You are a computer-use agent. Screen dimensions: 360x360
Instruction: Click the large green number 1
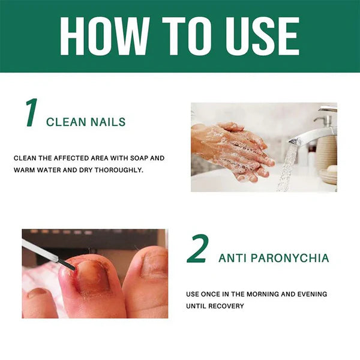[x=31, y=114]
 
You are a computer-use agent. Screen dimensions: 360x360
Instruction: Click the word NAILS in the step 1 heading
[x=108, y=122]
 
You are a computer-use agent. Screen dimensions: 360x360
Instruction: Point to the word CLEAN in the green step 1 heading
[x=66, y=122]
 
